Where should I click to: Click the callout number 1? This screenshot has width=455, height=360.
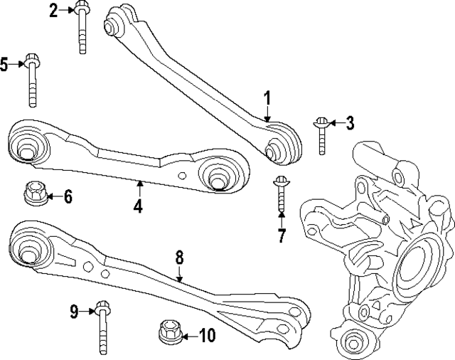coord(268,97)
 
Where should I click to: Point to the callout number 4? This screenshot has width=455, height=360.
coord(138,207)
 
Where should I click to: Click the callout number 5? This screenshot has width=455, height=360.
coord(4,65)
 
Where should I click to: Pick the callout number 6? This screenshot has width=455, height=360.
coord(68,196)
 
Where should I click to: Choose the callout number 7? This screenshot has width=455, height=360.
coord(282,235)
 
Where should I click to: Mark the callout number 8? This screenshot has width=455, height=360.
coord(179,257)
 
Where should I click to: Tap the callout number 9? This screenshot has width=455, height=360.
coord(74,310)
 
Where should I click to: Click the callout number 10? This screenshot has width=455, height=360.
coord(206,334)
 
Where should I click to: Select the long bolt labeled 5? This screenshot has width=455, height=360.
coord(32,78)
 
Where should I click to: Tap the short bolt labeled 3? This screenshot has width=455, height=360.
coord(322,134)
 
